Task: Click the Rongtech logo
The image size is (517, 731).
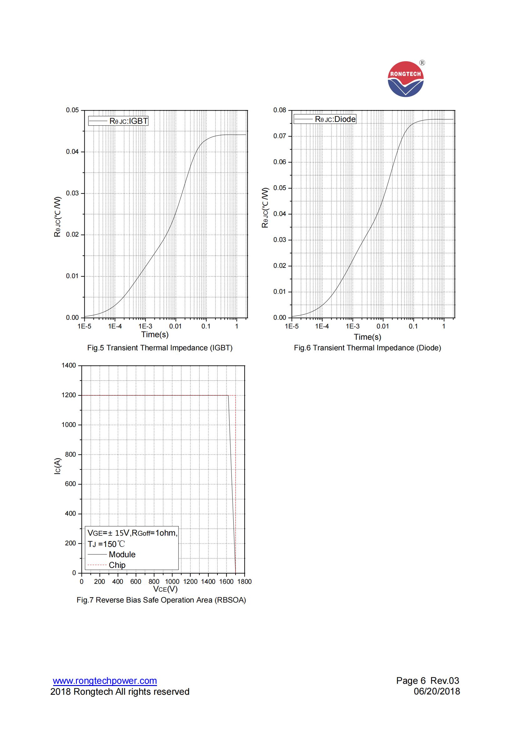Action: (x=406, y=79)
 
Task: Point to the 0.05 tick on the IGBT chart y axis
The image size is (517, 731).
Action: (x=72, y=110)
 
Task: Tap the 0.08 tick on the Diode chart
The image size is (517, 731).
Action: (x=280, y=110)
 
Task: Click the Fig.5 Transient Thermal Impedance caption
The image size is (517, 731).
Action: (x=160, y=348)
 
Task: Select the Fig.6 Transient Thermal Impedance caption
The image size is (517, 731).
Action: (x=367, y=348)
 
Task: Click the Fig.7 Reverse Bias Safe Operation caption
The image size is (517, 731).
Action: (x=161, y=600)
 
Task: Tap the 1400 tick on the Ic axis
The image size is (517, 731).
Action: (x=69, y=366)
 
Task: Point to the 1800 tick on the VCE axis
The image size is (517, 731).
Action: (x=244, y=582)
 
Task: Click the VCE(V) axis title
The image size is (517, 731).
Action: (x=165, y=589)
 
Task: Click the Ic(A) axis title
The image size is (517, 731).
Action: (x=57, y=466)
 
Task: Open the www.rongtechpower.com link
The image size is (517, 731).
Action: (x=105, y=681)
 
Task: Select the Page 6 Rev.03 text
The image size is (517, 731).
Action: (x=428, y=681)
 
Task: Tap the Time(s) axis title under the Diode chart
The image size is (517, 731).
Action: (x=367, y=337)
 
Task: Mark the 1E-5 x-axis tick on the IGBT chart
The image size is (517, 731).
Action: (x=84, y=326)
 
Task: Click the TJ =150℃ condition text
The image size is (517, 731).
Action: (x=106, y=544)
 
